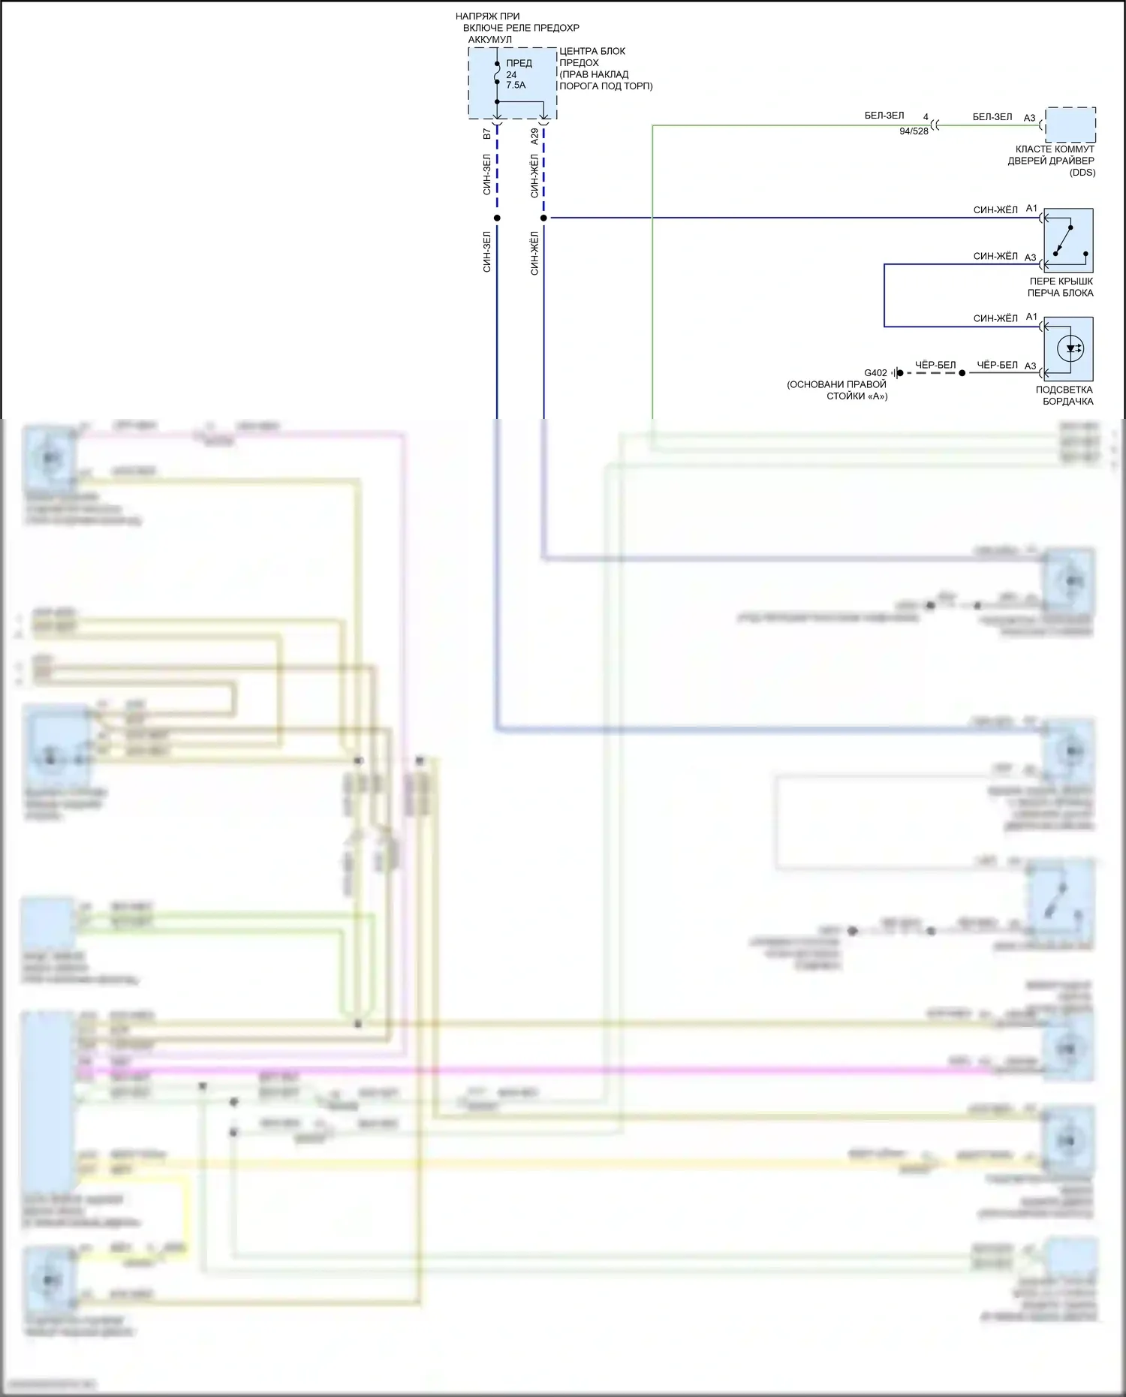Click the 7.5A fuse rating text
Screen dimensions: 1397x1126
[516, 86]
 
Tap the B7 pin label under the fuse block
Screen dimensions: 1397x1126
[487, 134]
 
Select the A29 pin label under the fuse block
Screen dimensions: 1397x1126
[534, 137]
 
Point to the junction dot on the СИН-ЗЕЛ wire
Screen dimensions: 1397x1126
[497, 218]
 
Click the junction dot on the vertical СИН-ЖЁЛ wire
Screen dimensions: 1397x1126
[543, 218]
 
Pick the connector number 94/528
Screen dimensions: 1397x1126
[914, 131]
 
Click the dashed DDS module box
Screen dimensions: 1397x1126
[1070, 125]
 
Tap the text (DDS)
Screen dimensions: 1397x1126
[1082, 173]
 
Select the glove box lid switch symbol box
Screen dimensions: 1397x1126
[1068, 240]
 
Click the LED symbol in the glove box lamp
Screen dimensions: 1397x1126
[1070, 348]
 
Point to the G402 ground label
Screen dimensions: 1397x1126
[875, 373]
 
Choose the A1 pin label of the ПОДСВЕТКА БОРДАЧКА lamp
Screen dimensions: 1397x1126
[1031, 317]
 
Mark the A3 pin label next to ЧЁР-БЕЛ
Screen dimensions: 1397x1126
[1031, 366]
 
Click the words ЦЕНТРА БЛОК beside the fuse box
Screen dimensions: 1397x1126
[592, 51]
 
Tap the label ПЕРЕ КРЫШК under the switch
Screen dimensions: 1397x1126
[1061, 282]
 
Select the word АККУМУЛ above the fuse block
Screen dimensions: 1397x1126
[490, 40]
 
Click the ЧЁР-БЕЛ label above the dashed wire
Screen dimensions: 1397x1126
[935, 366]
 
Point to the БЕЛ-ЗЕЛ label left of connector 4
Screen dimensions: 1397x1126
[884, 116]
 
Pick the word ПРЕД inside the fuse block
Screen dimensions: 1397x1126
[519, 63]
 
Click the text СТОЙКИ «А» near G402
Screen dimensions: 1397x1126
[857, 396]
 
